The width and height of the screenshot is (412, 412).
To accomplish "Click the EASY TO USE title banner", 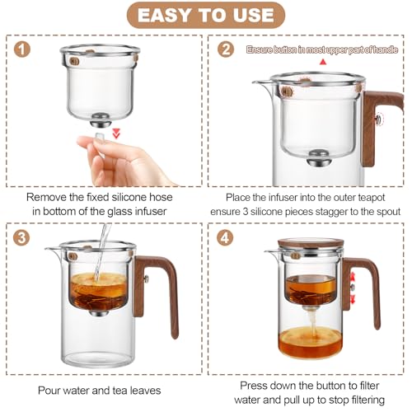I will pyautogui.click(x=206, y=15).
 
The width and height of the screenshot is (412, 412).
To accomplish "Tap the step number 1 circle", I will pyautogui.click(x=23, y=49).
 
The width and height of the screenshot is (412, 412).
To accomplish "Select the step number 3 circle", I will pyautogui.click(x=23, y=237).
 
